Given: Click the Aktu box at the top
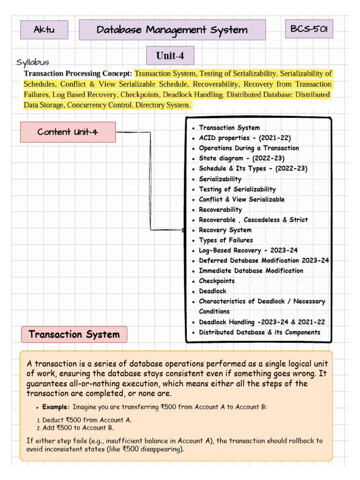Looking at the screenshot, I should tap(44, 30).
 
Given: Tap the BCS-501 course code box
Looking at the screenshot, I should tap(309, 30).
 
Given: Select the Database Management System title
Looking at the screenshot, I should tap(172, 30).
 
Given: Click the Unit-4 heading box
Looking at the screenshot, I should tap(170, 56).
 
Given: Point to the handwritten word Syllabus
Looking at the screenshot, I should tap(33, 62).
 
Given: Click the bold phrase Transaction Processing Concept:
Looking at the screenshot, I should tap(78, 74).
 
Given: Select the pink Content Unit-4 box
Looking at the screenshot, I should tap(68, 132).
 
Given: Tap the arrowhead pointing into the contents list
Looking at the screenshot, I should tap(183, 230).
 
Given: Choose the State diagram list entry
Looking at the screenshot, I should tap(241, 158).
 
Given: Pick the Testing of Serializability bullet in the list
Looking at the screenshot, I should tap(237, 189).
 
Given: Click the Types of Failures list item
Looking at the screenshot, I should tap(225, 240).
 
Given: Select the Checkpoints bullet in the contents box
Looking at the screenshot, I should tap(217, 281).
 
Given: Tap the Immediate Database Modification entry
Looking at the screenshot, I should tap(251, 271).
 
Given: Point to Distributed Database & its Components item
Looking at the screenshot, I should tap(260, 332).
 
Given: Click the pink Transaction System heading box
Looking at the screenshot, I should tap(74, 335).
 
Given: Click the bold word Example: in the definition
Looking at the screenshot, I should tap(56, 407).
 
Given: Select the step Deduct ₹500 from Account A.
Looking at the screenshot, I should tap(87, 420).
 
